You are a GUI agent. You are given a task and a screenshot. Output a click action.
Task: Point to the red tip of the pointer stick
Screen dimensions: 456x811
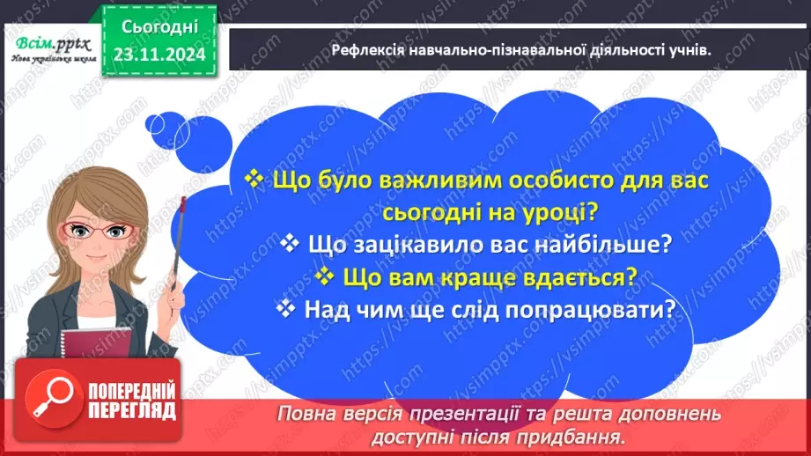[183, 204]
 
